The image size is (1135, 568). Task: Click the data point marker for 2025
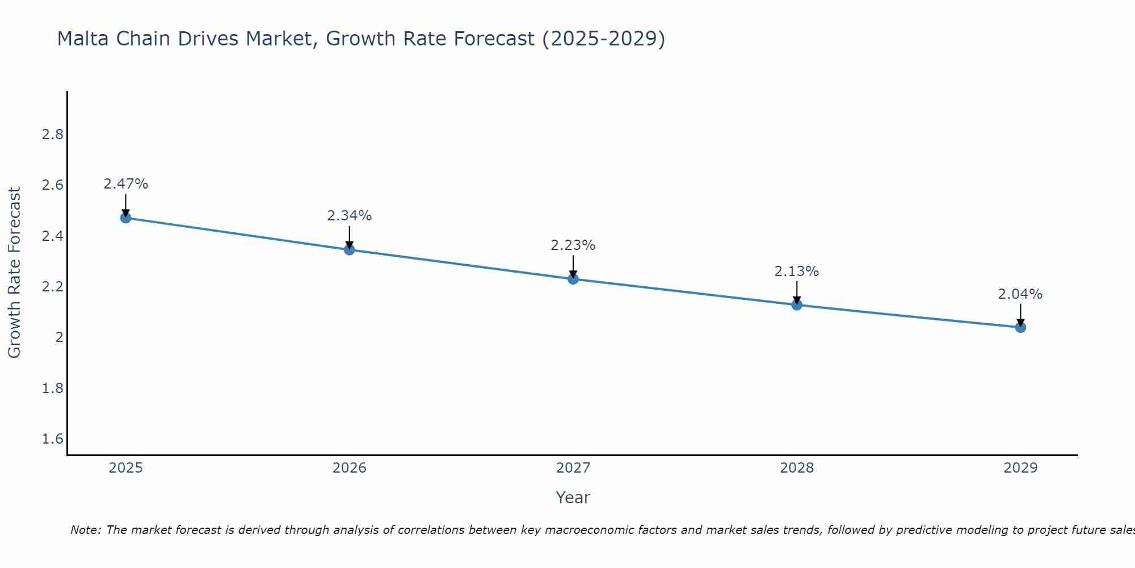[x=125, y=218]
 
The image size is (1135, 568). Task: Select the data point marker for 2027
[x=573, y=279]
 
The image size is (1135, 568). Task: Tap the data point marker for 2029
[x=1020, y=327]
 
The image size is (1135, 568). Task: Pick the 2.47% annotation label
[x=125, y=184]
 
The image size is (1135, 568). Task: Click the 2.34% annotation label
[x=349, y=216]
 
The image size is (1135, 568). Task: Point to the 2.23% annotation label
[x=573, y=245]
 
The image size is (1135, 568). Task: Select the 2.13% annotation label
[x=796, y=272]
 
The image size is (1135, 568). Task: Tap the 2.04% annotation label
[x=1020, y=294]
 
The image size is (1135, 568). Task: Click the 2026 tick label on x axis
[x=349, y=468]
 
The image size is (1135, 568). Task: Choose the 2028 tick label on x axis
[x=796, y=468]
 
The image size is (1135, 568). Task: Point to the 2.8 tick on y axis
[x=52, y=135]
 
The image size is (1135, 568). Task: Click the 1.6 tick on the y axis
[x=52, y=439]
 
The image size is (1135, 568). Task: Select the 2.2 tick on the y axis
[x=52, y=287]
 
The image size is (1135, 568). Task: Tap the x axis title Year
[x=573, y=498]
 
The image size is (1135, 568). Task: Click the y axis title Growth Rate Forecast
[x=15, y=273]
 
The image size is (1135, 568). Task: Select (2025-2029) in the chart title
[x=603, y=39]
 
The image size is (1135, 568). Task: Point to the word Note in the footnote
[x=85, y=530]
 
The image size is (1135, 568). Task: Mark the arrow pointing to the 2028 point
[x=796, y=292]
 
